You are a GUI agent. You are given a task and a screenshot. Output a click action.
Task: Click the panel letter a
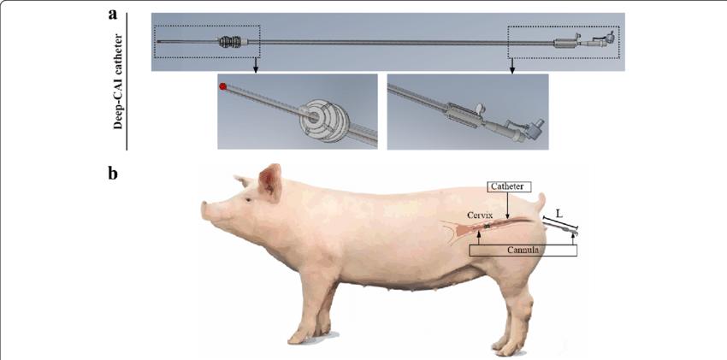click(x=112, y=15)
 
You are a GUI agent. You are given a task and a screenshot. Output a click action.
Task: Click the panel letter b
click(x=113, y=174)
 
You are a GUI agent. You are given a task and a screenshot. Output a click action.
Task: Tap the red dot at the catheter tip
click(x=223, y=86)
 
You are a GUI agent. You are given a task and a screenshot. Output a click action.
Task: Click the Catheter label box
click(x=508, y=186)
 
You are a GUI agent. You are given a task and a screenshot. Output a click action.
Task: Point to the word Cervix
click(x=478, y=215)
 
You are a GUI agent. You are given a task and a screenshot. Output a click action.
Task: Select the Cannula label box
click(x=523, y=251)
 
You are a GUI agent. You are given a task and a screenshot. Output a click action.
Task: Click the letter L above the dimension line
click(x=559, y=215)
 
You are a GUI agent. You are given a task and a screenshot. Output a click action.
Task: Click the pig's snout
click(x=205, y=210)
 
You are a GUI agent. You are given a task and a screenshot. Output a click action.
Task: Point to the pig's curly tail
click(x=541, y=203)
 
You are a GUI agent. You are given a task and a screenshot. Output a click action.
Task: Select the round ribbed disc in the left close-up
click(x=319, y=117)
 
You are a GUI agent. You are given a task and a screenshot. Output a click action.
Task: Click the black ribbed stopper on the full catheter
click(x=228, y=42)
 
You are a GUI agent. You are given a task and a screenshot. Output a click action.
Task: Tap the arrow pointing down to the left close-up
click(x=255, y=65)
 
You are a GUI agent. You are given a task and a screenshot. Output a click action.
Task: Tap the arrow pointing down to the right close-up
click(x=512, y=65)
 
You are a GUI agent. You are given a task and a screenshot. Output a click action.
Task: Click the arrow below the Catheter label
click(x=508, y=204)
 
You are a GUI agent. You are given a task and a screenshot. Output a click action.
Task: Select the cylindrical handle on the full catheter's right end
click(x=564, y=44)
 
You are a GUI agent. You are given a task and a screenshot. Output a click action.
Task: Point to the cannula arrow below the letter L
click(x=573, y=238)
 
